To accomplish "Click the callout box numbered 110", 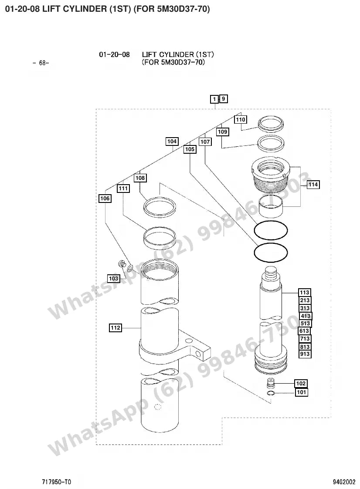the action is pos(241,119).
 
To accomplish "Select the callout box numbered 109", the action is pos(223,132).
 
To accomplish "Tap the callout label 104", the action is pos(172,142).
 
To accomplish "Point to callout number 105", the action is pos(190,149).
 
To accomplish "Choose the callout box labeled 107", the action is pos(205,142).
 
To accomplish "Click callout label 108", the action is pos(140,178).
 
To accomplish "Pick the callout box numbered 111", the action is pos(123,189).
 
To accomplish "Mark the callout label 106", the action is pos(105,199).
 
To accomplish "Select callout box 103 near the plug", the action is pos(114,279).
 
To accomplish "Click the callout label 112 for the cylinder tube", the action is pos(115,328).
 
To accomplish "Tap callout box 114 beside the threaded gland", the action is pos(313,185).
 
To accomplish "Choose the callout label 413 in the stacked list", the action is pos(305,316).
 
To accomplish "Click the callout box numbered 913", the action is pos(305,354).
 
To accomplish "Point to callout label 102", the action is pos(301,384).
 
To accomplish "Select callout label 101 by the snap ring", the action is pos(301,392).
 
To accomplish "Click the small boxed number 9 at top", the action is pos(224,99).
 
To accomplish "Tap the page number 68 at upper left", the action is pos(41,63).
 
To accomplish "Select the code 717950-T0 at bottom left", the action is pos(57,482).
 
